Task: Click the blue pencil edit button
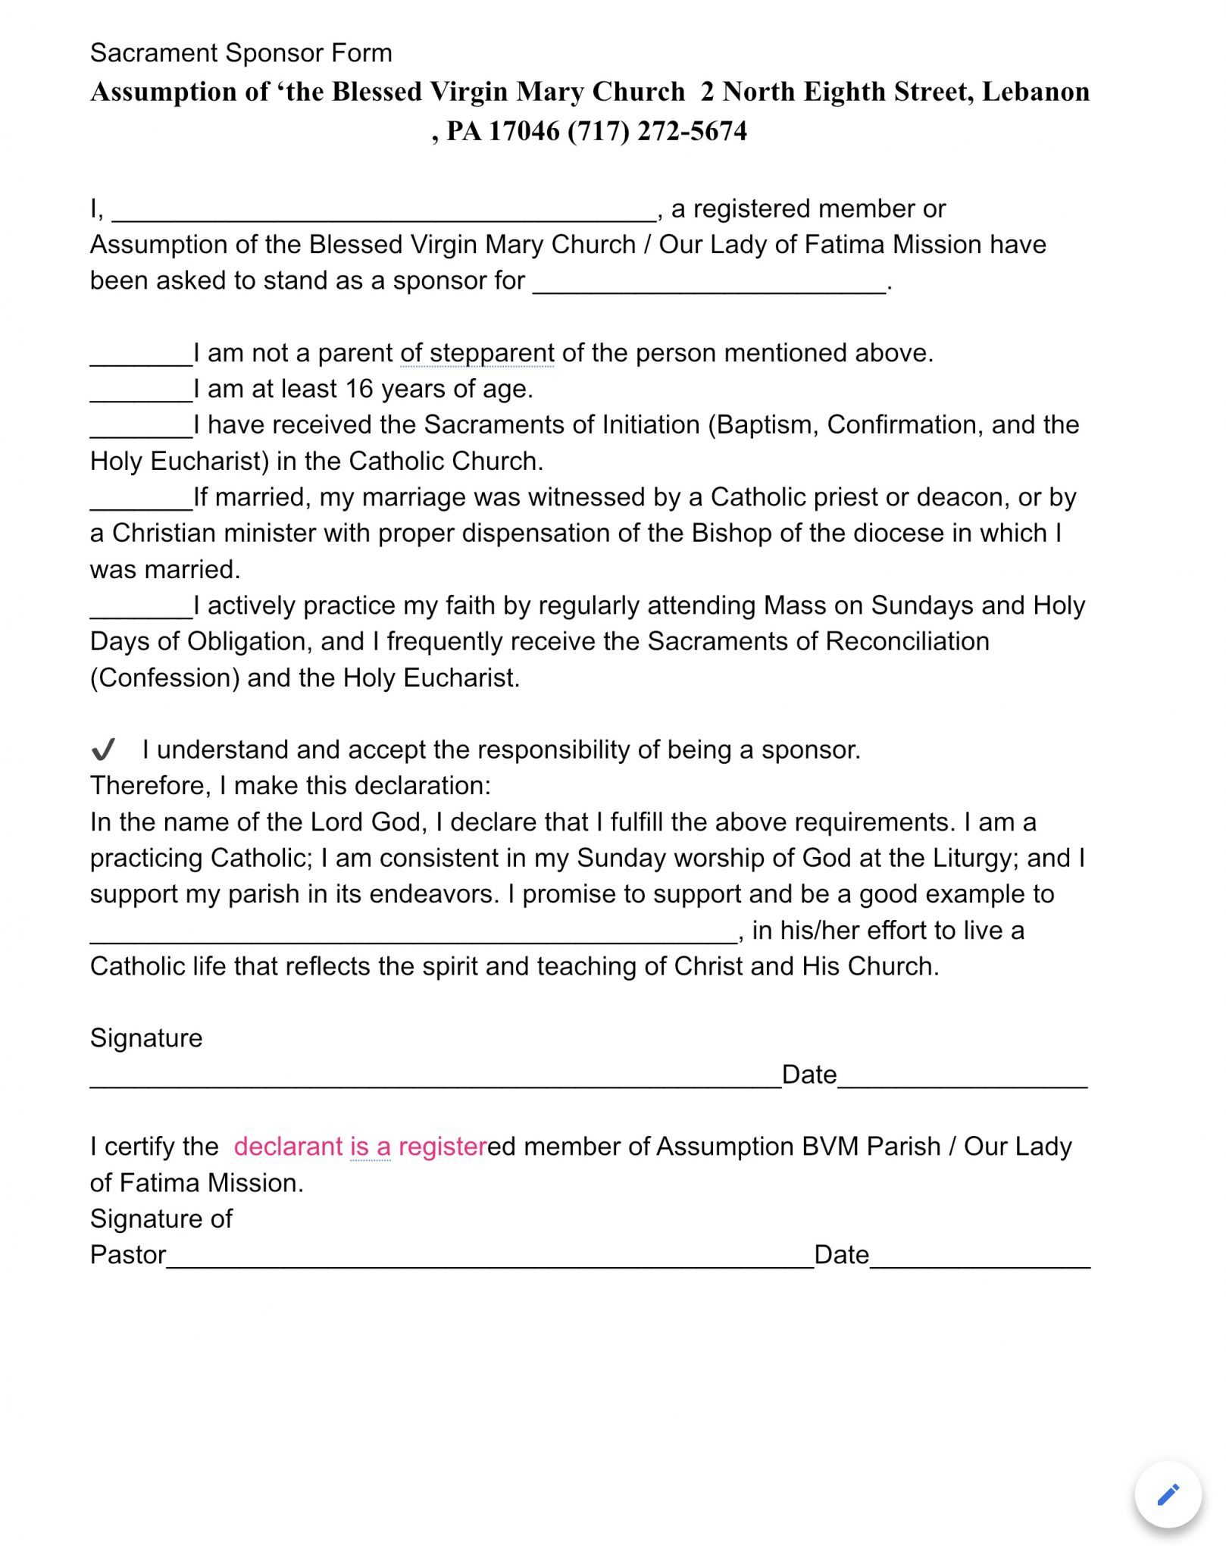coord(1168,1494)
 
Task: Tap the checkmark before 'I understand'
coord(103,750)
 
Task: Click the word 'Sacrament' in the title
coord(154,53)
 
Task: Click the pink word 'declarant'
coord(289,1147)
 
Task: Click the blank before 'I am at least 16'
coord(141,394)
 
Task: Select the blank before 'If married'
coord(141,502)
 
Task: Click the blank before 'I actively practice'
coord(141,611)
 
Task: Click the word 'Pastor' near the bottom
coord(127,1255)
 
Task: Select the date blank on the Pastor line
coord(980,1259)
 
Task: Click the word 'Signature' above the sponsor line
coord(146,1038)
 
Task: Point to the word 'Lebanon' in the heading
coord(1036,92)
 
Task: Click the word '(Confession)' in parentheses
coord(164,677)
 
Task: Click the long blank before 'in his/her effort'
coord(413,935)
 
